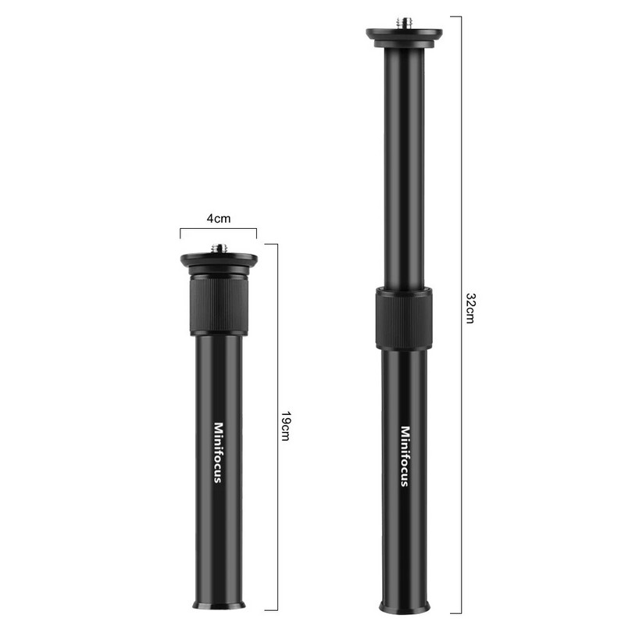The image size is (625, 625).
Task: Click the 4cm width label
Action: (x=218, y=220)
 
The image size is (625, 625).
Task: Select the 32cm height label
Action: (x=470, y=309)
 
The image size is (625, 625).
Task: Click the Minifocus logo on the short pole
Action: (x=218, y=452)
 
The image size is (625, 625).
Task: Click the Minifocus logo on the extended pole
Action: (x=405, y=456)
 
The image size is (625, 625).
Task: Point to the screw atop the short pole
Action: (x=218, y=249)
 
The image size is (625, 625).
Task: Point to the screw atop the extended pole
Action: (x=405, y=21)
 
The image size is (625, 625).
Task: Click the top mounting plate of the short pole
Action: (x=218, y=260)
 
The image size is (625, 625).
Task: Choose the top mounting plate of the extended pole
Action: (x=405, y=34)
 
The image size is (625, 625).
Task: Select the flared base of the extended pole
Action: (x=405, y=605)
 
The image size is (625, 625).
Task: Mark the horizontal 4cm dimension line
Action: (x=218, y=230)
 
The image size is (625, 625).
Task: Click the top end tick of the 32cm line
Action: (x=455, y=16)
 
